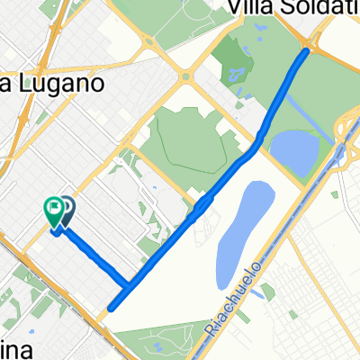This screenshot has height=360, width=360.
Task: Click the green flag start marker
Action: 55,211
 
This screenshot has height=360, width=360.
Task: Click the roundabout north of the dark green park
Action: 187,76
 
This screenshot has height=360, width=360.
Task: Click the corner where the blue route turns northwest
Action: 126,286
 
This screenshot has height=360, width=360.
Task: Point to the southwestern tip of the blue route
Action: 111,309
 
